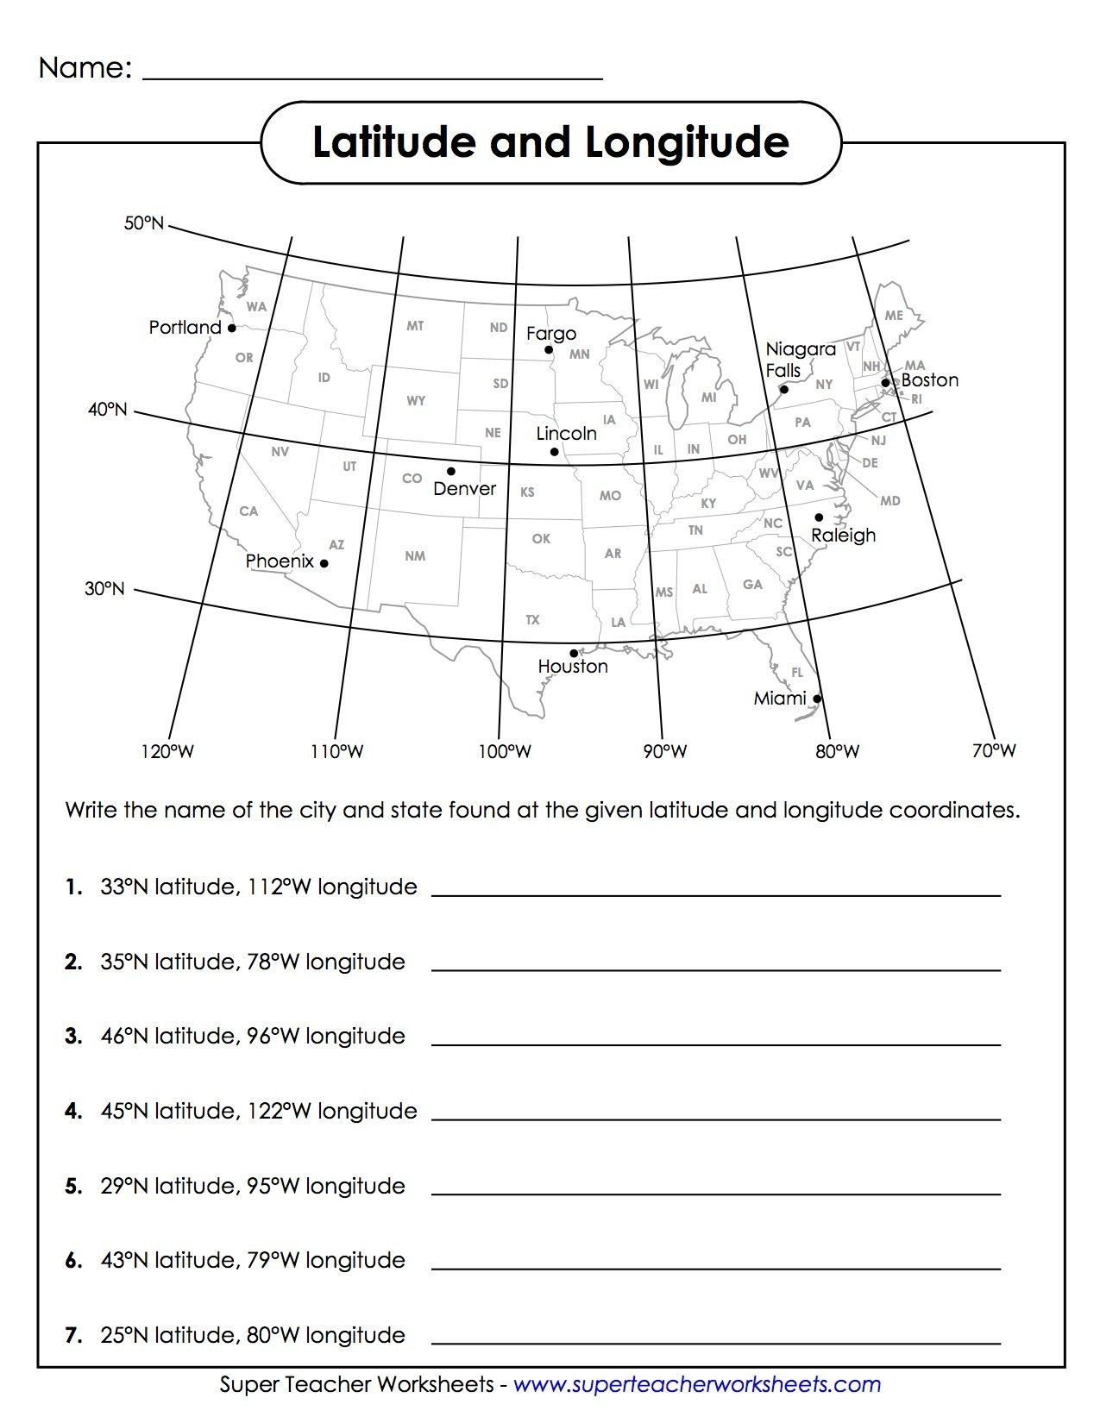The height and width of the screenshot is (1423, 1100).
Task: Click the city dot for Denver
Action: click(450, 471)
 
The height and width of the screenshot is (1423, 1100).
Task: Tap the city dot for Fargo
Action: click(549, 349)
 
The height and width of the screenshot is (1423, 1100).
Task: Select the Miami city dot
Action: click(817, 699)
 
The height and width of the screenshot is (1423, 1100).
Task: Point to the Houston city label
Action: click(572, 667)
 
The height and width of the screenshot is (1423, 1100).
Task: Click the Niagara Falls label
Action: click(800, 360)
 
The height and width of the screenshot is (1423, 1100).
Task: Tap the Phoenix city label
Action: click(280, 561)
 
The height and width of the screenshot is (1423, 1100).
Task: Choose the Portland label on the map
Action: click(185, 328)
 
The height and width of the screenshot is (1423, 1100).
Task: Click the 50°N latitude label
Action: click(143, 224)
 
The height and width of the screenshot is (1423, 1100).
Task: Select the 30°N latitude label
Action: click(104, 589)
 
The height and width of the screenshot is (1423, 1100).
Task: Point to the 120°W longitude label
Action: click(167, 752)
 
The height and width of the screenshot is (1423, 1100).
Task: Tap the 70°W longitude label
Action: click(994, 751)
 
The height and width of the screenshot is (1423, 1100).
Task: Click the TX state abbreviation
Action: click(532, 620)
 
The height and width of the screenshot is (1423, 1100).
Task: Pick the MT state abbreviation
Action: click(415, 326)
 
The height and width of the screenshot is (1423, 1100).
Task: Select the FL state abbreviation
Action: click(796, 672)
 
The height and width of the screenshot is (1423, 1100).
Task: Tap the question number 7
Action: click(73, 1336)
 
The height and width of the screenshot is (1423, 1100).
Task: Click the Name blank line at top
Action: click(371, 78)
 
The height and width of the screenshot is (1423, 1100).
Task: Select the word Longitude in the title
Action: click(687, 142)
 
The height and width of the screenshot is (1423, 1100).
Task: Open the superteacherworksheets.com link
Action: click(697, 1385)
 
